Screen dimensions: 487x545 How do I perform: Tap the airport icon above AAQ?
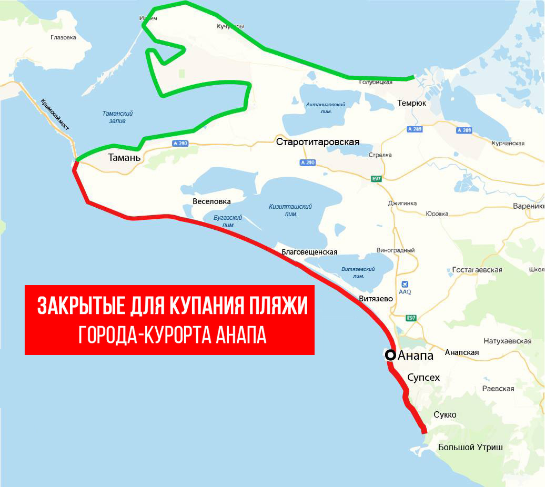[x=405, y=283]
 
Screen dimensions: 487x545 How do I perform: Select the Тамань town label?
[x=124, y=157]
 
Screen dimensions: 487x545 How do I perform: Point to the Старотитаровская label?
[x=318, y=142]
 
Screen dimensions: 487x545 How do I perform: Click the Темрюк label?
[x=412, y=103]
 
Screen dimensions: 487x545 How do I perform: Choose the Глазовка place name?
[x=64, y=37]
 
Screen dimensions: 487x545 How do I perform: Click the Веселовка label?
[x=211, y=201]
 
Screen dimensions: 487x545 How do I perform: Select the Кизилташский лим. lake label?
[x=290, y=210]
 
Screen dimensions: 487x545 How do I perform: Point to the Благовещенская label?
[x=309, y=252]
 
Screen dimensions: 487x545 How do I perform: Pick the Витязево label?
[x=376, y=299]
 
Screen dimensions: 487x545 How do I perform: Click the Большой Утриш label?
[x=470, y=448]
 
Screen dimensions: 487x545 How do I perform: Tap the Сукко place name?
[x=445, y=415]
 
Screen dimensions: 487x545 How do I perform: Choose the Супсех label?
[x=423, y=377]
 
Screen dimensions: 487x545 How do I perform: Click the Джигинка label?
[x=402, y=203]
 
